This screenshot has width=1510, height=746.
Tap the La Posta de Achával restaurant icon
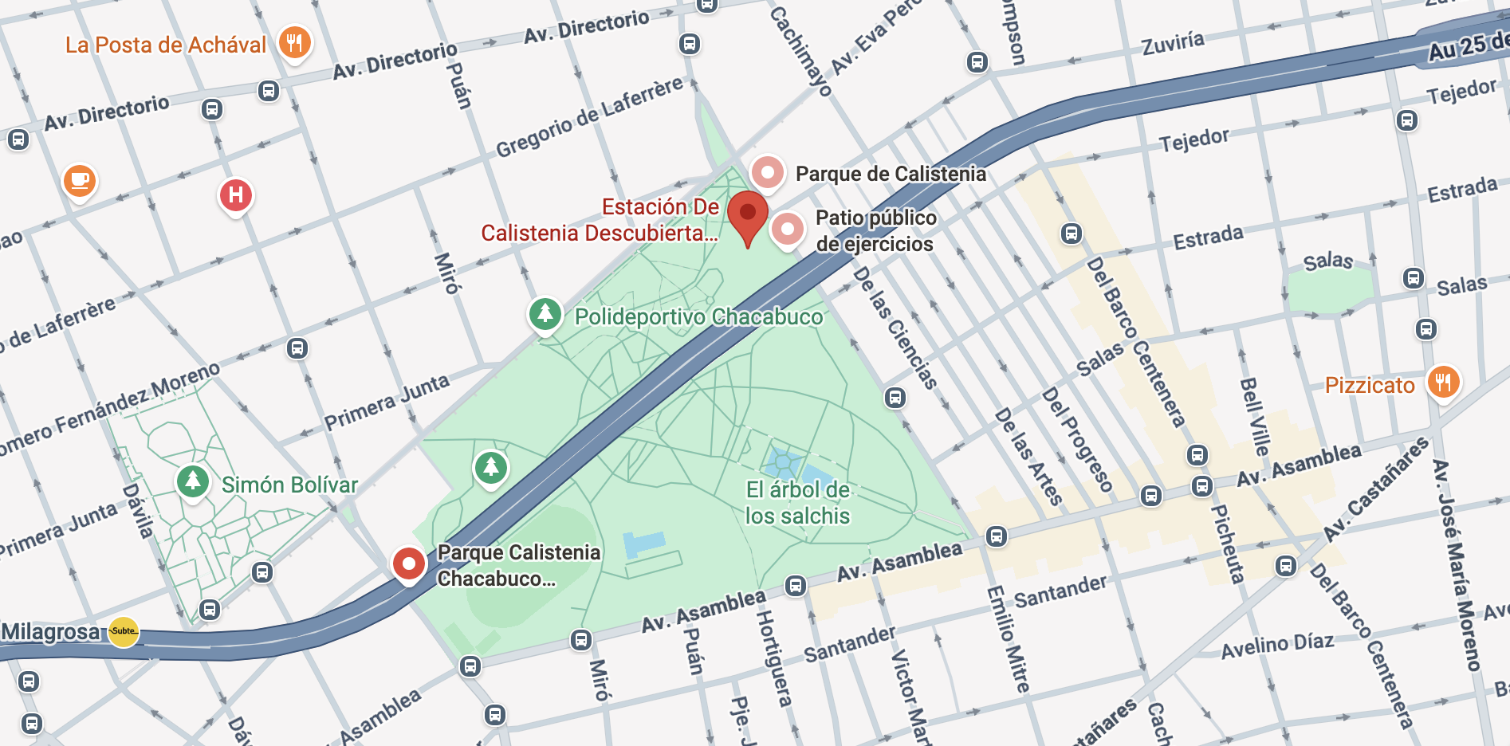(295, 42)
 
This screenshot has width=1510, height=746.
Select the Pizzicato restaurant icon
(1443, 383)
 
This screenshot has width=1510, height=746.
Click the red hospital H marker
(236, 195)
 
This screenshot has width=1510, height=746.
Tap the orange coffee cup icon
(80, 181)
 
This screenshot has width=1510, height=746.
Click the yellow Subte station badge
(124, 631)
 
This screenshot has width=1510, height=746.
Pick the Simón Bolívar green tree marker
(193, 481)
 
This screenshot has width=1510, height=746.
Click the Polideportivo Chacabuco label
(698, 317)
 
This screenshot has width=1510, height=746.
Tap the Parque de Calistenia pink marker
(768, 172)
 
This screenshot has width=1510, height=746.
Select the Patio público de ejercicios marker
(787, 230)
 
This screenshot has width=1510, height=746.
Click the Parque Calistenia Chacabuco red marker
(409, 563)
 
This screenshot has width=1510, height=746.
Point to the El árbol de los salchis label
(797, 503)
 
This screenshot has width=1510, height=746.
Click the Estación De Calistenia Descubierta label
(600, 220)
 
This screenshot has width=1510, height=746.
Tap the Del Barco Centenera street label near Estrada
(1135, 343)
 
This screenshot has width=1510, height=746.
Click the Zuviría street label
(1172, 42)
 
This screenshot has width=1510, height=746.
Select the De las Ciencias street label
(895, 328)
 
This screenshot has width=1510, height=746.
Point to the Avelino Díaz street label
(1277, 645)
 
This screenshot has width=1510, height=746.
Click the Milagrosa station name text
(52, 631)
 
